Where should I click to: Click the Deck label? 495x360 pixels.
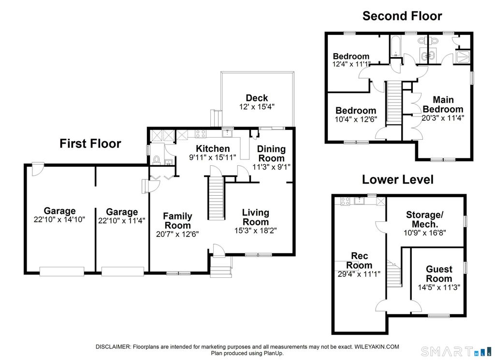point(257,98)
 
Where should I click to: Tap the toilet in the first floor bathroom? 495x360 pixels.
point(156,159)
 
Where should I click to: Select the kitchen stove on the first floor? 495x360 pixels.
point(201,134)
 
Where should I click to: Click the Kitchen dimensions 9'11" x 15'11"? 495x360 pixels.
point(213,157)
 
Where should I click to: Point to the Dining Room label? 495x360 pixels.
point(271,153)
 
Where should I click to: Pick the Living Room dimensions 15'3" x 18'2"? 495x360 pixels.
point(255,230)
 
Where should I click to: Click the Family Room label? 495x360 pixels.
point(177,220)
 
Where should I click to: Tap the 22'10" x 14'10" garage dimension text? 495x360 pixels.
point(59,219)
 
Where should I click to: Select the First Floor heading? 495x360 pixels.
point(90,144)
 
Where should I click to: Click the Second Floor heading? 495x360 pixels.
point(402,16)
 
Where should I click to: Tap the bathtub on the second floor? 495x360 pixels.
point(395,46)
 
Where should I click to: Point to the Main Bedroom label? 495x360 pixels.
point(443,104)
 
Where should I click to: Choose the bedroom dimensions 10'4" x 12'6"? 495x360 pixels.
point(356,119)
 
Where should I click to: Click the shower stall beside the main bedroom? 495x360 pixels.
point(463,57)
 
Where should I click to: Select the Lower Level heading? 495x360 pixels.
point(397,180)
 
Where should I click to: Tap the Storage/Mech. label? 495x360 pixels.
point(424,219)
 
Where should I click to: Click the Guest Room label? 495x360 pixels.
point(439,274)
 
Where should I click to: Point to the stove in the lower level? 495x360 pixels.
point(345,201)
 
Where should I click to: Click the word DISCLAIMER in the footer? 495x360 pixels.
point(113,347)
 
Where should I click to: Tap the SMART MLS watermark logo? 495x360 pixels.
point(456,351)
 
